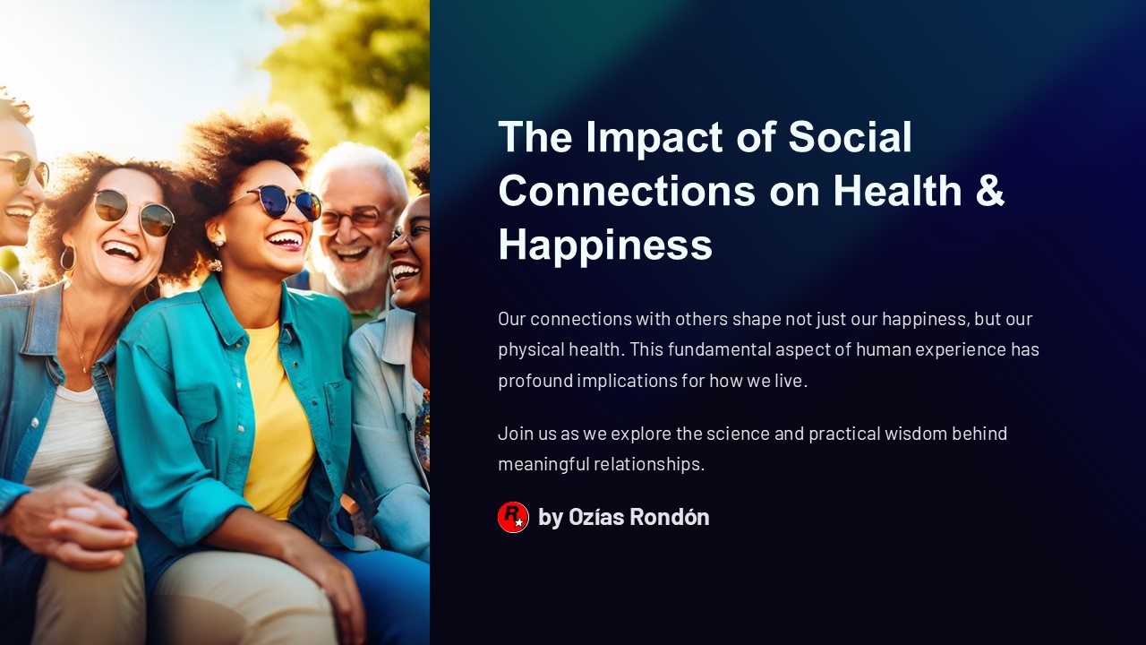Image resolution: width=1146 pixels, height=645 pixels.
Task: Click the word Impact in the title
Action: (x=654, y=137)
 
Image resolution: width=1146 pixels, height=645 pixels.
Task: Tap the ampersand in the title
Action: (x=988, y=190)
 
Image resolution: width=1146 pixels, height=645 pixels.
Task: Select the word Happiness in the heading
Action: (x=605, y=244)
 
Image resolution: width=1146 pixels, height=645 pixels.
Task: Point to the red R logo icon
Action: (x=513, y=517)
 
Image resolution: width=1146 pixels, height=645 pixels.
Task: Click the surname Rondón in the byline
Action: (x=669, y=517)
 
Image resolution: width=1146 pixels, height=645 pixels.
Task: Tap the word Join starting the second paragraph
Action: (x=514, y=434)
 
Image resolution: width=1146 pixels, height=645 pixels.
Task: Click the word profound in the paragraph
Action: (x=535, y=380)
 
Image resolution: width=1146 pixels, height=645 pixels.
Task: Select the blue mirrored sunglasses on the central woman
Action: (x=285, y=201)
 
